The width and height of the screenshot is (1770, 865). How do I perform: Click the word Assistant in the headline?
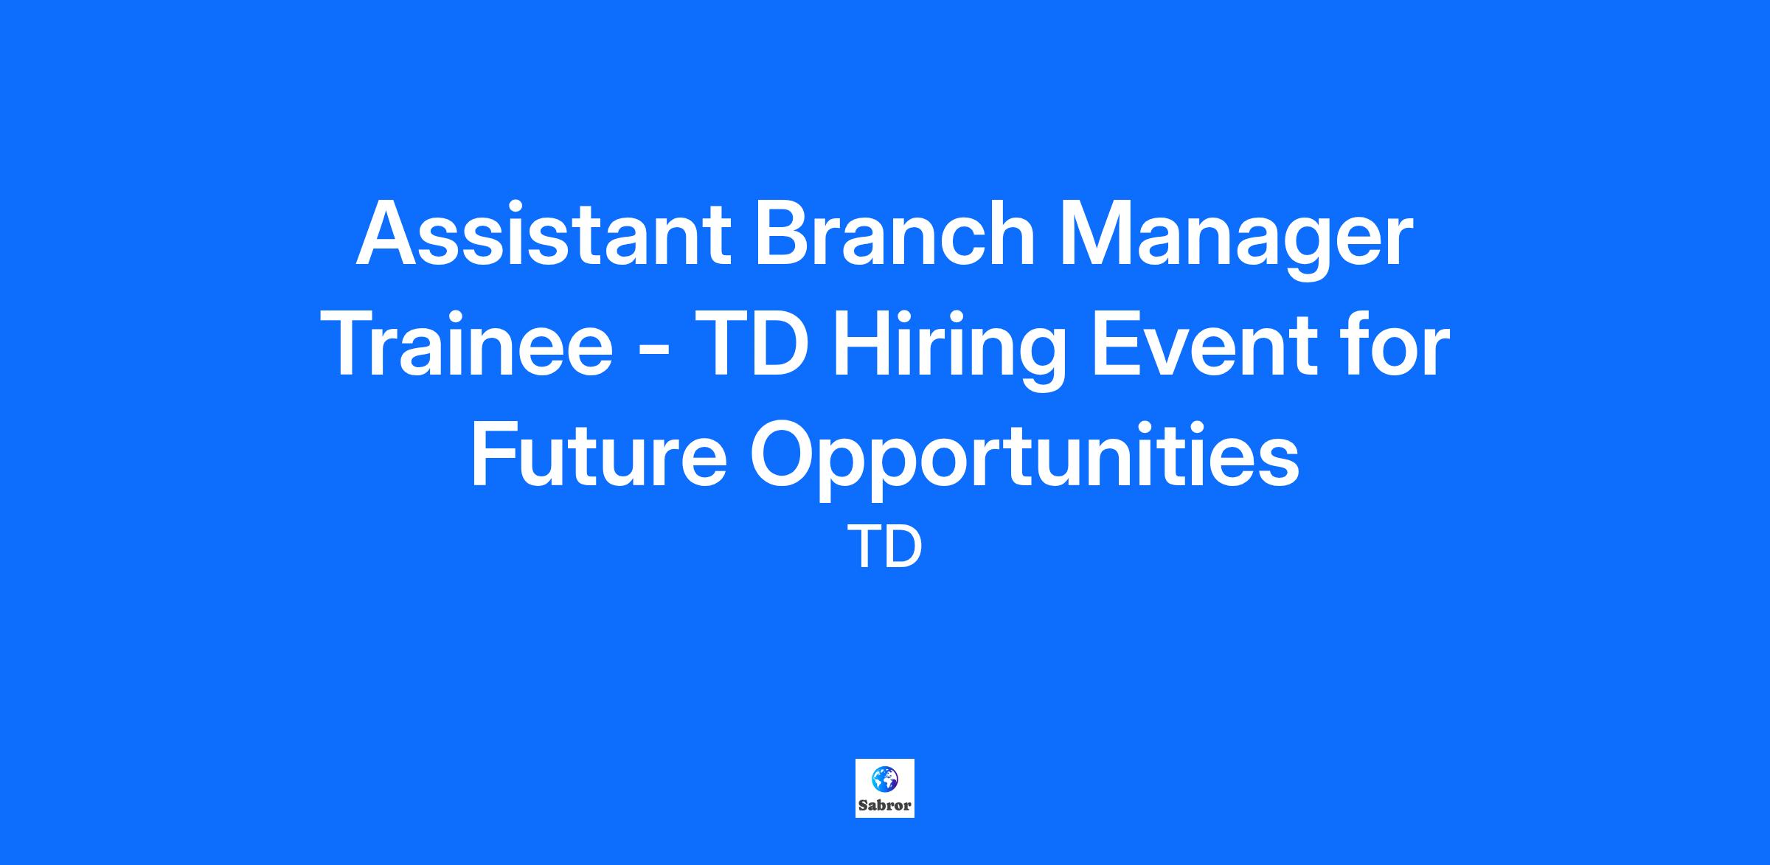(544, 233)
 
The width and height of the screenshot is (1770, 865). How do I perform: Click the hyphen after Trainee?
(653, 353)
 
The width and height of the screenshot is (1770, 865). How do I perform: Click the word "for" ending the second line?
(1393, 343)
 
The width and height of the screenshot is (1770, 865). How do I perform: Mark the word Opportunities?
(1025, 461)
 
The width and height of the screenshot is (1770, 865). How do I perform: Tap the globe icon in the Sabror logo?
(884, 777)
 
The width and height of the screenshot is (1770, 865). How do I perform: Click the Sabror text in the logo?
(885, 805)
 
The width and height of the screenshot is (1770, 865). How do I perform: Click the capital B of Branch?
(782, 233)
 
